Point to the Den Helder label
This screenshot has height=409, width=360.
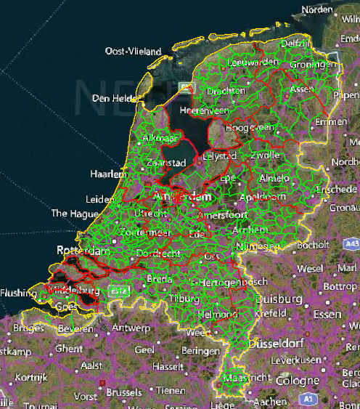coord(113,98)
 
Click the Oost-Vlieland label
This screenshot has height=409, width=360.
coord(131,52)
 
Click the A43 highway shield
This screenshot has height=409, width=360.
coord(352,246)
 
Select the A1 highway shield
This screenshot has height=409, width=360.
coord(308,399)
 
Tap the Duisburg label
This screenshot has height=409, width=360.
coord(281,299)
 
